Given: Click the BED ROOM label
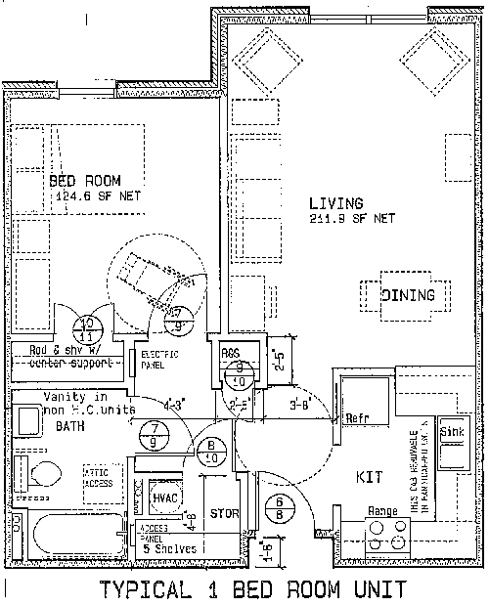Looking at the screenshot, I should [85, 180].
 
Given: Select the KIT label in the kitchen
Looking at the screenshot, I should [368, 476].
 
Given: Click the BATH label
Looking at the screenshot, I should [70, 428].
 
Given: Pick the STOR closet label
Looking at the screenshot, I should [225, 514].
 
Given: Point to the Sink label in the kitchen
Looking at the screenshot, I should [451, 431].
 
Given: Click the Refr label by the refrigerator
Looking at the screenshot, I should [358, 418].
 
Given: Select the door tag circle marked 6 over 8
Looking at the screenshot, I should [274, 508].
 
